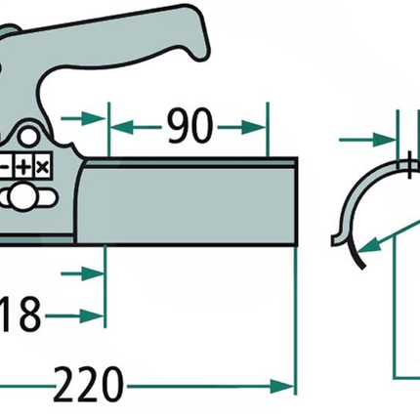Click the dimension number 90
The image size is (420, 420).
[190, 126]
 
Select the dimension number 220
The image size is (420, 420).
[88, 385]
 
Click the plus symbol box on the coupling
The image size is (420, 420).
[23, 167]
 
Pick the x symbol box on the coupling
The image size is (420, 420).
[43, 167]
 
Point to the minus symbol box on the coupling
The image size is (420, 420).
[6, 167]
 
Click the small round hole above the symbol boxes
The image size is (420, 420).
[28, 137]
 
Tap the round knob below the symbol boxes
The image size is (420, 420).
[22, 196]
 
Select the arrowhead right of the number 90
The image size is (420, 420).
[255, 127]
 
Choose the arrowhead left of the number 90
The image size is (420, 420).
[122, 127]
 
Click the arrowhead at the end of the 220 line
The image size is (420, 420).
[282, 387]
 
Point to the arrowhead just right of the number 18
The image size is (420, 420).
[92, 315]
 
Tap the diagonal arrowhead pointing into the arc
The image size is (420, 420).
[369, 245]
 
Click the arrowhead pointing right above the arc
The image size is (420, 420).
[385, 141]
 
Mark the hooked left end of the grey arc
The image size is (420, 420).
[337, 238]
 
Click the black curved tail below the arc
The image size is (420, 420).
[356, 254]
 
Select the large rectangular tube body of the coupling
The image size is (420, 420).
[188, 202]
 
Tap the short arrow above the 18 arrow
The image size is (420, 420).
[83, 273]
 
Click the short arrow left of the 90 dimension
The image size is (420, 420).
[83, 118]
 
